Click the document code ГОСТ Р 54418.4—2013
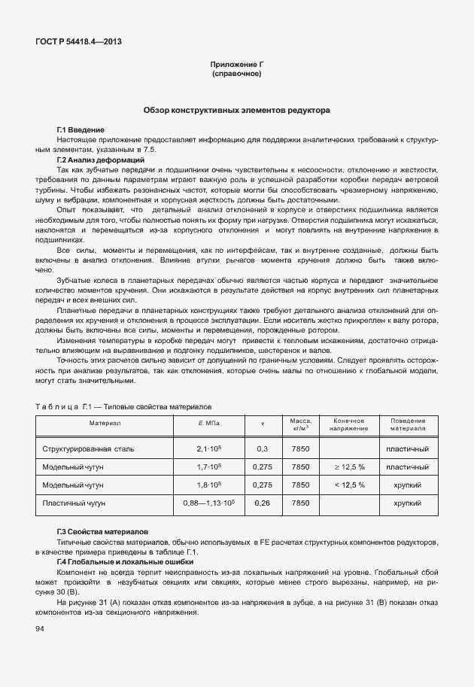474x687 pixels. pyautogui.click(x=78, y=41)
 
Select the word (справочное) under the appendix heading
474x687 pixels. pyautogui.click(x=236, y=75)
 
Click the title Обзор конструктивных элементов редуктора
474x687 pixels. pyautogui.click(x=236, y=110)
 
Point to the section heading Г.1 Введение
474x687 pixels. pyautogui.click(x=81, y=130)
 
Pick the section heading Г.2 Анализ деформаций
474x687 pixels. pyautogui.click(x=100, y=160)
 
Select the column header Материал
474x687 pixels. pyautogui.click(x=105, y=424)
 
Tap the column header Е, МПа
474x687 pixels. pyautogui.click(x=208, y=424)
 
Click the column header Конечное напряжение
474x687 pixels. pyautogui.click(x=348, y=424)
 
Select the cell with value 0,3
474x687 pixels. pyautogui.click(x=262, y=448)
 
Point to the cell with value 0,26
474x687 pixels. pyautogui.click(x=262, y=502)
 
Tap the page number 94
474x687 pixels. pyautogui.click(x=39, y=629)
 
